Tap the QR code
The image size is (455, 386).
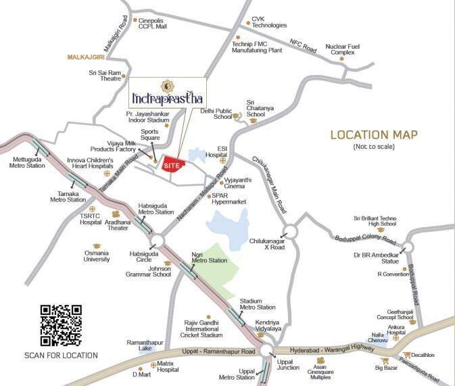coord(61,325)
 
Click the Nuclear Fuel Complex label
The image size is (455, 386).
coord(343,49)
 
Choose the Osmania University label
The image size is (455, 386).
coord(97,256)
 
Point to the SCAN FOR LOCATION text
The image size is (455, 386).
coord(61,356)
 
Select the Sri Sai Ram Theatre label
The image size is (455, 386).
coord(105,75)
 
